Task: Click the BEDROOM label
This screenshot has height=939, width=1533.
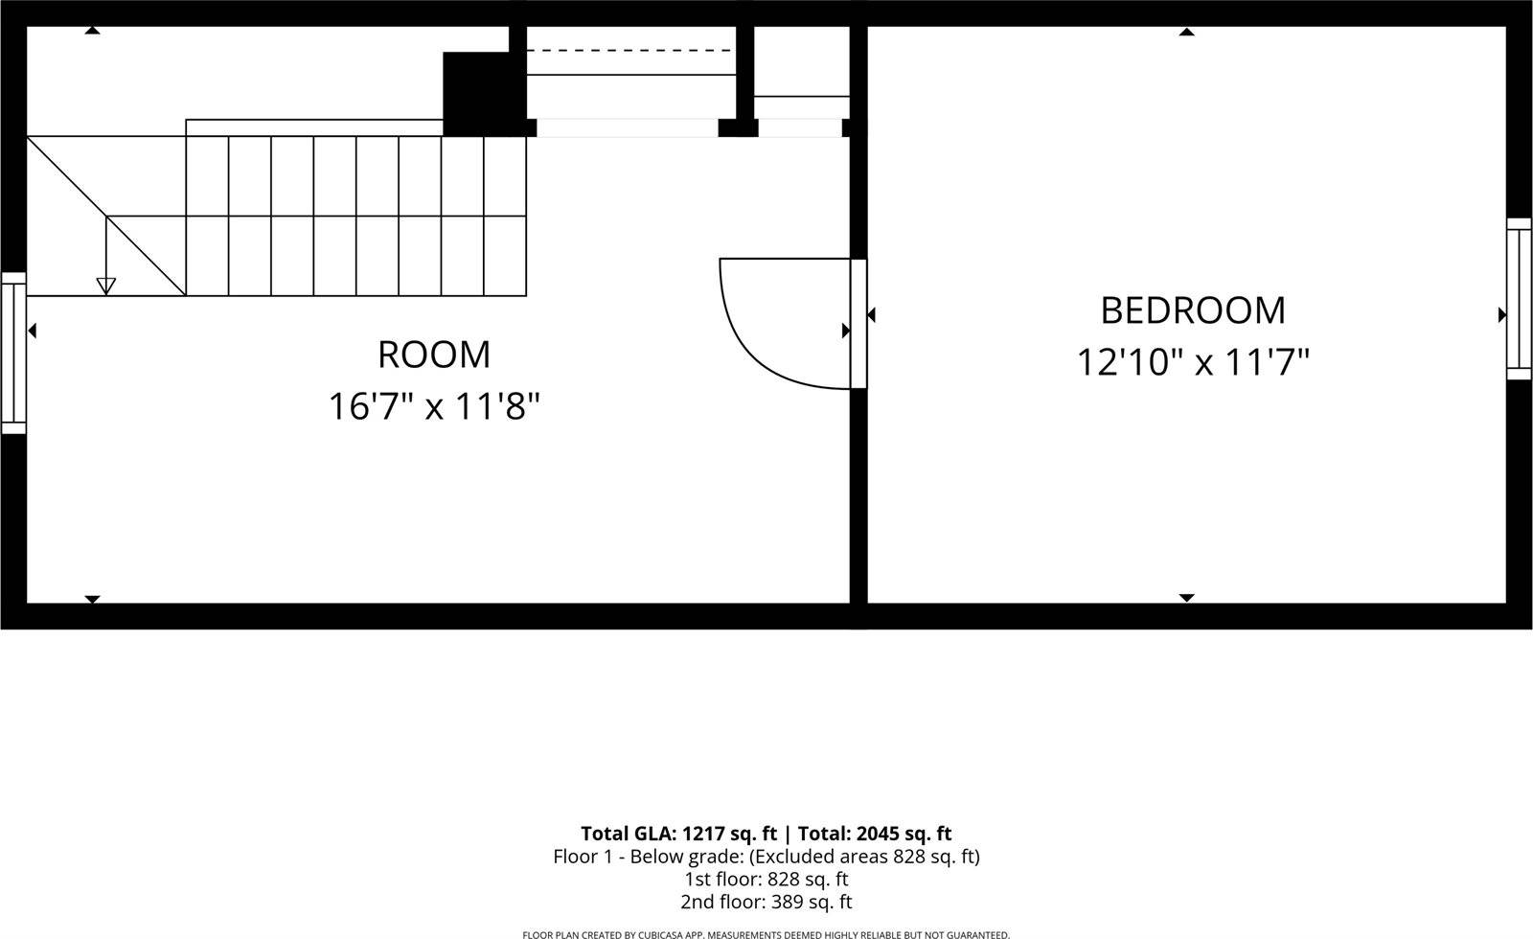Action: click(1193, 310)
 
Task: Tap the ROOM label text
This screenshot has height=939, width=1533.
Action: click(434, 355)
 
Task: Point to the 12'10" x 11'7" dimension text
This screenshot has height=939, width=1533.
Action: click(1193, 362)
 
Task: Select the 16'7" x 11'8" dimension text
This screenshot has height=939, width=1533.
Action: click(434, 406)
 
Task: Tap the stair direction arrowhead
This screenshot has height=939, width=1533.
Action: click(106, 285)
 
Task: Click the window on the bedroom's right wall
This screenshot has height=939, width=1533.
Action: click(1519, 299)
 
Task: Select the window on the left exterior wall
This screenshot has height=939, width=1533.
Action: click(13, 353)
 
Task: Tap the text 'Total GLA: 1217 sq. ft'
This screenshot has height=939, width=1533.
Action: click(678, 834)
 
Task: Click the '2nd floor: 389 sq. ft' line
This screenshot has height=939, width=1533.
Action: click(766, 902)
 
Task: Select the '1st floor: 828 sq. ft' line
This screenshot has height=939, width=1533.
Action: click(766, 879)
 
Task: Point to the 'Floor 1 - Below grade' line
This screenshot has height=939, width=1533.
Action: click(766, 857)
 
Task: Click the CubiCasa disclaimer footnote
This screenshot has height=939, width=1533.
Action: click(766, 934)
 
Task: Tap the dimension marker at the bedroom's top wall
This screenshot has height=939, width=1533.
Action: click(1186, 33)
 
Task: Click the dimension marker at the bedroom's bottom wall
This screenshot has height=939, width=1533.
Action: click(1186, 598)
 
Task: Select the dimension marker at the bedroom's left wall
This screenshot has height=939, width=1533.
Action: click(871, 314)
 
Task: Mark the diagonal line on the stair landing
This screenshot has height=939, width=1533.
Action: click(105, 216)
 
